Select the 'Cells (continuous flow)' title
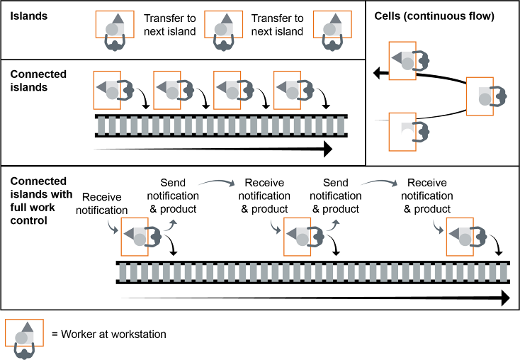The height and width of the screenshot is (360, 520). pos(434,16)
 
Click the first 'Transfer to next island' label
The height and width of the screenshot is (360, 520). pos(169,25)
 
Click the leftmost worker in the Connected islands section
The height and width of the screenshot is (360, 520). pos(111,89)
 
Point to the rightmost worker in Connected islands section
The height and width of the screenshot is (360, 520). pos(290,89)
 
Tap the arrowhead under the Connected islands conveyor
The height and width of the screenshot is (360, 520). pos(327,149)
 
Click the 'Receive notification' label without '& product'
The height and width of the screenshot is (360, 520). pos(105,203)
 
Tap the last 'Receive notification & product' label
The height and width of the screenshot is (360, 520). pos(427,196)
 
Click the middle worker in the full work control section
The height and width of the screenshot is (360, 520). pos(300,236)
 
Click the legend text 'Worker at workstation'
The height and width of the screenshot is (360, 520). pos(113,333)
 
